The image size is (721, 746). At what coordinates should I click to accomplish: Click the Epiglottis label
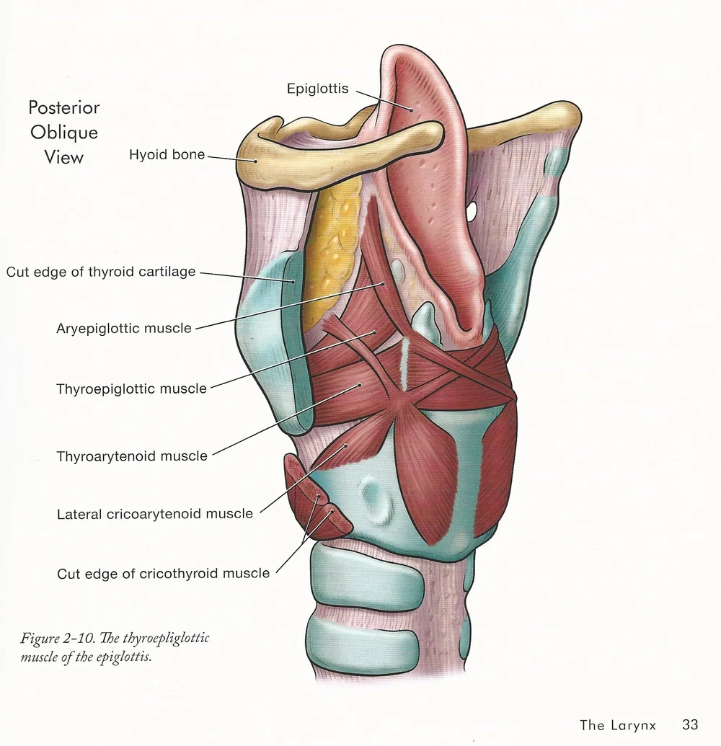pyautogui.click(x=317, y=89)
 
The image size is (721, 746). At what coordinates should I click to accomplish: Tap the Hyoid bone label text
pyautogui.click(x=167, y=154)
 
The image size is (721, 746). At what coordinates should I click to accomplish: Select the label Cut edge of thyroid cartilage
pyautogui.click(x=101, y=272)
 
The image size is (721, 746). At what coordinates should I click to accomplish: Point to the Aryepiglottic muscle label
pyautogui.click(x=124, y=329)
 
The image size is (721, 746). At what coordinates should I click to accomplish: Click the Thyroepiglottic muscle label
pyautogui.click(x=131, y=389)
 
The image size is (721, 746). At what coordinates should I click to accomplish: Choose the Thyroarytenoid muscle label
pyautogui.click(x=132, y=456)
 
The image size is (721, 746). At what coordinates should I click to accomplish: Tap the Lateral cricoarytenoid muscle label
pyautogui.click(x=155, y=515)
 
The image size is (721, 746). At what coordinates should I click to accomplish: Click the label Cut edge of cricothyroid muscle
pyautogui.click(x=163, y=574)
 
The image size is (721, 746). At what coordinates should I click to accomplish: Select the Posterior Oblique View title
pyautogui.click(x=64, y=132)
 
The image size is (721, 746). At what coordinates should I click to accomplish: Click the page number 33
pyautogui.click(x=690, y=724)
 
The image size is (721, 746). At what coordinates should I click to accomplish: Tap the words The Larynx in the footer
pyautogui.click(x=618, y=725)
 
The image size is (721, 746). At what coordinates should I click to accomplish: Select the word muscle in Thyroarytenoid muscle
pyautogui.click(x=184, y=456)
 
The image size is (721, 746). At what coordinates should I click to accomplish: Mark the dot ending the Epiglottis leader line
pyautogui.click(x=412, y=109)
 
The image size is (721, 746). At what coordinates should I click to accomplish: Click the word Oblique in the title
pyautogui.click(x=64, y=133)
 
